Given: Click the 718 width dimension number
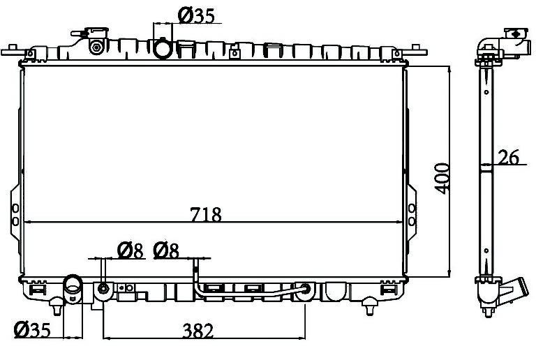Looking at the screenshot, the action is click(x=206, y=214).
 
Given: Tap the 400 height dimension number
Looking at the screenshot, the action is click(x=443, y=179).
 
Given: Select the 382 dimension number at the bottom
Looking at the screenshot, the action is click(x=198, y=330).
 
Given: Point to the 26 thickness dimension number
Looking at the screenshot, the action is click(x=508, y=157).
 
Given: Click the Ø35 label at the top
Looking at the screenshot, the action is click(x=196, y=15).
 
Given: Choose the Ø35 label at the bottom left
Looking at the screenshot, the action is click(x=32, y=329).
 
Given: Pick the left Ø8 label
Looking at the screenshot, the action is click(x=130, y=250).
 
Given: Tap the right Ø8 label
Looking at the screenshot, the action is click(x=166, y=250).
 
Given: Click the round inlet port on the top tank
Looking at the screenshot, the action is click(x=163, y=49).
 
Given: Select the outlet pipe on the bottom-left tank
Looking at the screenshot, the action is click(x=73, y=288).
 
